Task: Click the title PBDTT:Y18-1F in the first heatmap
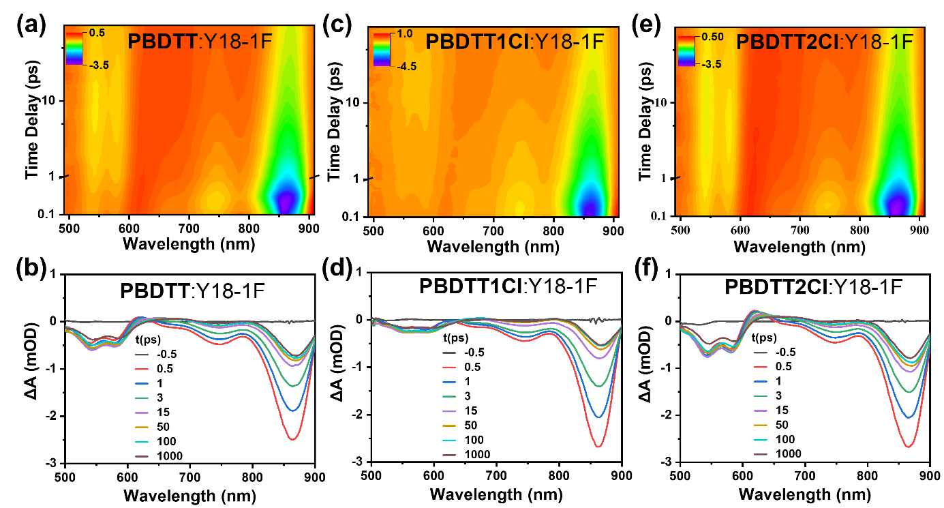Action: pyautogui.click(x=200, y=42)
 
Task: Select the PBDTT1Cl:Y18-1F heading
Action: pyautogui.click(x=515, y=42)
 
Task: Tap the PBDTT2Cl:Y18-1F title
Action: pyautogui.click(x=824, y=42)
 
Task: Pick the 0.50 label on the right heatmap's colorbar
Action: pyautogui.click(x=712, y=37)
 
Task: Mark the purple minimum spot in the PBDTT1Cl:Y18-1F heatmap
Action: pyautogui.click(x=591, y=204)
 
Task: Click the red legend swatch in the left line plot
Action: pyautogui.click(x=142, y=369)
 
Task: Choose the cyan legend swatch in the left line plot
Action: pyautogui.click(x=142, y=442)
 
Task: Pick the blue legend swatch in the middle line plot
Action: pyautogui.click(x=448, y=382)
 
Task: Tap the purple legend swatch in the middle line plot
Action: pyautogui.click(x=448, y=411)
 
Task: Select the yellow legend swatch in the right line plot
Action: pyautogui.click(x=761, y=425)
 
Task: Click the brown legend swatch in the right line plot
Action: pyautogui.click(x=761, y=454)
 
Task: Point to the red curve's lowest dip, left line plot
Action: pyautogui.click(x=292, y=438)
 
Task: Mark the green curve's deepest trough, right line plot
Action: pyautogui.click(x=909, y=391)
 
